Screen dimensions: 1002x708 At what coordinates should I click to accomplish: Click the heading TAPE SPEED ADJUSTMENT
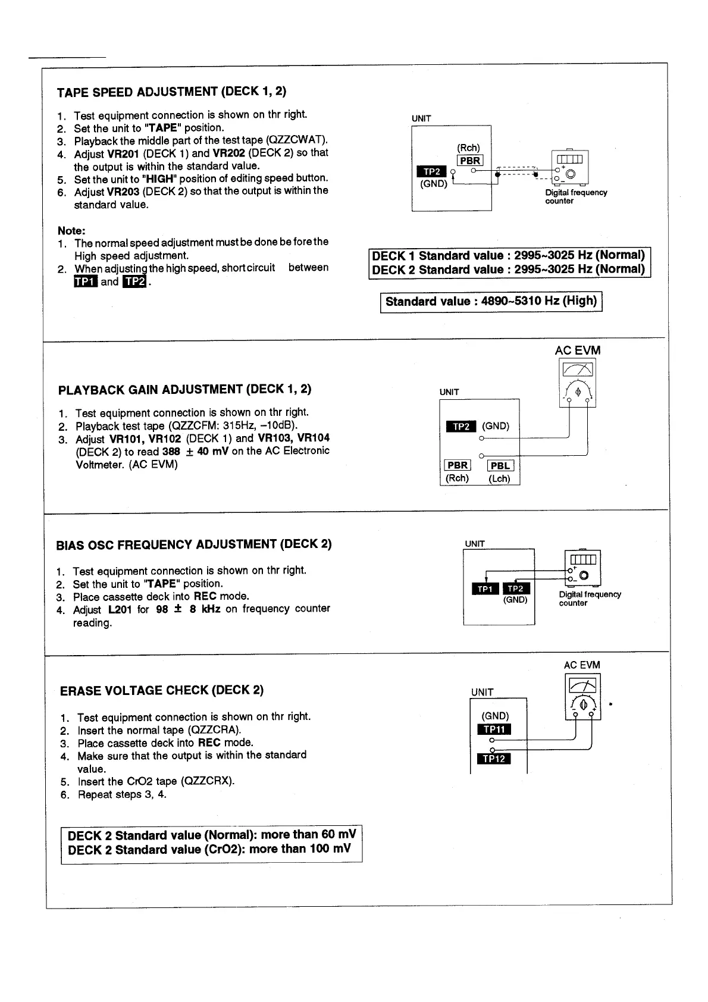click(171, 92)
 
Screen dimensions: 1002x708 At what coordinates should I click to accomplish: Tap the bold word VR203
click(123, 192)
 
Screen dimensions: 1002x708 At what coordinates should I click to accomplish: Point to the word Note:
click(71, 230)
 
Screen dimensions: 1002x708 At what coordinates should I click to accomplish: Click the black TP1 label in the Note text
click(84, 282)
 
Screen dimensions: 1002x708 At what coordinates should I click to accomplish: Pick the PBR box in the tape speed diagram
click(470, 161)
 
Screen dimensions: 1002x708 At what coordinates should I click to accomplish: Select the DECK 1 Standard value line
click(509, 256)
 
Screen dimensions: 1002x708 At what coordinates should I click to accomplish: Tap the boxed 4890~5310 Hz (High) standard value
click(491, 301)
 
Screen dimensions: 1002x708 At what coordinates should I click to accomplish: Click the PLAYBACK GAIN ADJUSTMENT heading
click(185, 390)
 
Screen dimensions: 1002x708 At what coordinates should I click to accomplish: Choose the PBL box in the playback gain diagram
click(500, 466)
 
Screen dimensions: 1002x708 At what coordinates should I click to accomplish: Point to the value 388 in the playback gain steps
click(171, 452)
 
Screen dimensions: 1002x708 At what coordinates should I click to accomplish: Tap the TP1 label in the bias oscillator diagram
click(485, 588)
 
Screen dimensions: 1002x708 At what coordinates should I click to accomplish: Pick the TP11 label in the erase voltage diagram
click(494, 730)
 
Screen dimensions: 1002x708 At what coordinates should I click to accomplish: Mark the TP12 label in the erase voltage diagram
click(494, 759)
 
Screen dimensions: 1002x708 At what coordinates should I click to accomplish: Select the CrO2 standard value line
click(209, 850)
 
